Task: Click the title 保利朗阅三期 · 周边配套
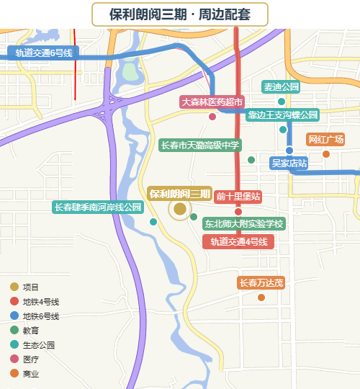[x=180, y=14]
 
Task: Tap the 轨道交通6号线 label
[x=44, y=53]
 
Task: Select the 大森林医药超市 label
[x=212, y=102]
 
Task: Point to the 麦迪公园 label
[x=281, y=87]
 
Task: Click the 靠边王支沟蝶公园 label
[x=282, y=115]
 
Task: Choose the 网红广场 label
[x=325, y=140]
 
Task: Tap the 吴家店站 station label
[x=289, y=164]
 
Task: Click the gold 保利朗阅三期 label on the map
[x=180, y=194]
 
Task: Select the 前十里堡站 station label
[x=238, y=197]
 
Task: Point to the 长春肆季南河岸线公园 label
[x=99, y=207]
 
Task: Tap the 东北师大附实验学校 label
[x=243, y=224]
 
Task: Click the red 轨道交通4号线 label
[x=238, y=242]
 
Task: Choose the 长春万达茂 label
[x=261, y=283]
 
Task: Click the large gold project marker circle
[x=180, y=209]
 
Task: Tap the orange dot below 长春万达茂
[x=261, y=297]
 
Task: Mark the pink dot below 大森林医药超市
[x=212, y=117]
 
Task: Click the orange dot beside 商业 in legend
[x=14, y=374]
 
